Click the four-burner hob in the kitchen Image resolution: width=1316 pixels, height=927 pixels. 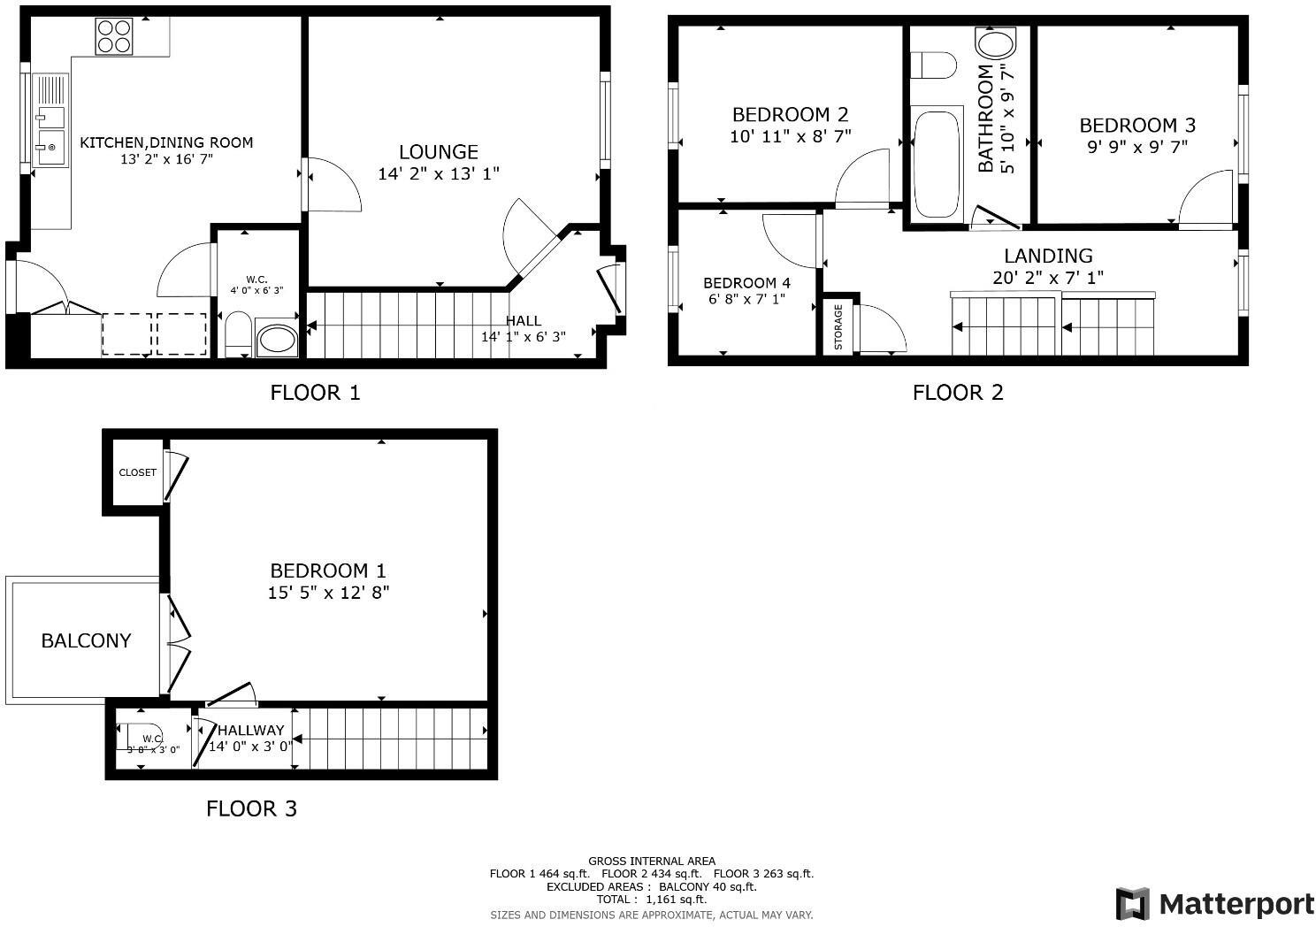pyautogui.click(x=114, y=36)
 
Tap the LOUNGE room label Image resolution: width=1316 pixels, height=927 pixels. pyautogui.click(x=438, y=152)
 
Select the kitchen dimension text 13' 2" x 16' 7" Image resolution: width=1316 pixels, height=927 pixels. pyautogui.click(x=167, y=160)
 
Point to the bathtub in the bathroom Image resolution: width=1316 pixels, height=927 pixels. pyautogui.click(x=936, y=163)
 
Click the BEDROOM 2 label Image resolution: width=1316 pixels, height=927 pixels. pyautogui.click(x=790, y=114)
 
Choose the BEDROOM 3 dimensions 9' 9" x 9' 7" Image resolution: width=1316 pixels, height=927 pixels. pyautogui.click(x=1136, y=147)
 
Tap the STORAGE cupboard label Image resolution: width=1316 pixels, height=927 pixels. pyautogui.click(x=838, y=326)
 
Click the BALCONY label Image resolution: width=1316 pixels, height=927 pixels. pyautogui.click(x=86, y=640)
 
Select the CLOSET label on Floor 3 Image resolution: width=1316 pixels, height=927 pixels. pyautogui.click(x=138, y=472)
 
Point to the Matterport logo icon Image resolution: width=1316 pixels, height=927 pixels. pyautogui.click(x=1132, y=904)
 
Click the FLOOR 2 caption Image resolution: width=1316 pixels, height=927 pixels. pyautogui.click(x=958, y=393)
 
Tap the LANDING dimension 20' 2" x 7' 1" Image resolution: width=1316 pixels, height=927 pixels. pyautogui.click(x=1048, y=278)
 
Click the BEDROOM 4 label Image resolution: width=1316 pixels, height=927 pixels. pyautogui.click(x=746, y=283)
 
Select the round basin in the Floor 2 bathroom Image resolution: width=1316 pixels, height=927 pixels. pyautogui.click(x=995, y=44)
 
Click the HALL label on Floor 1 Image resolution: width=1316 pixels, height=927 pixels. pyautogui.click(x=523, y=320)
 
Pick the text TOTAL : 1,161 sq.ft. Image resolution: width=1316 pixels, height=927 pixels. pyautogui.click(x=651, y=899)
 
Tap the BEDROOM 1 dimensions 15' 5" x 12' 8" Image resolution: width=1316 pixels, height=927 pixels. pyautogui.click(x=328, y=593)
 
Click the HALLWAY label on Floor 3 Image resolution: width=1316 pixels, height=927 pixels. pyautogui.click(x=251, y=731)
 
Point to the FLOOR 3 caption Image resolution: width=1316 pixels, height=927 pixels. pyautogui.click(x=251, y=808)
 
